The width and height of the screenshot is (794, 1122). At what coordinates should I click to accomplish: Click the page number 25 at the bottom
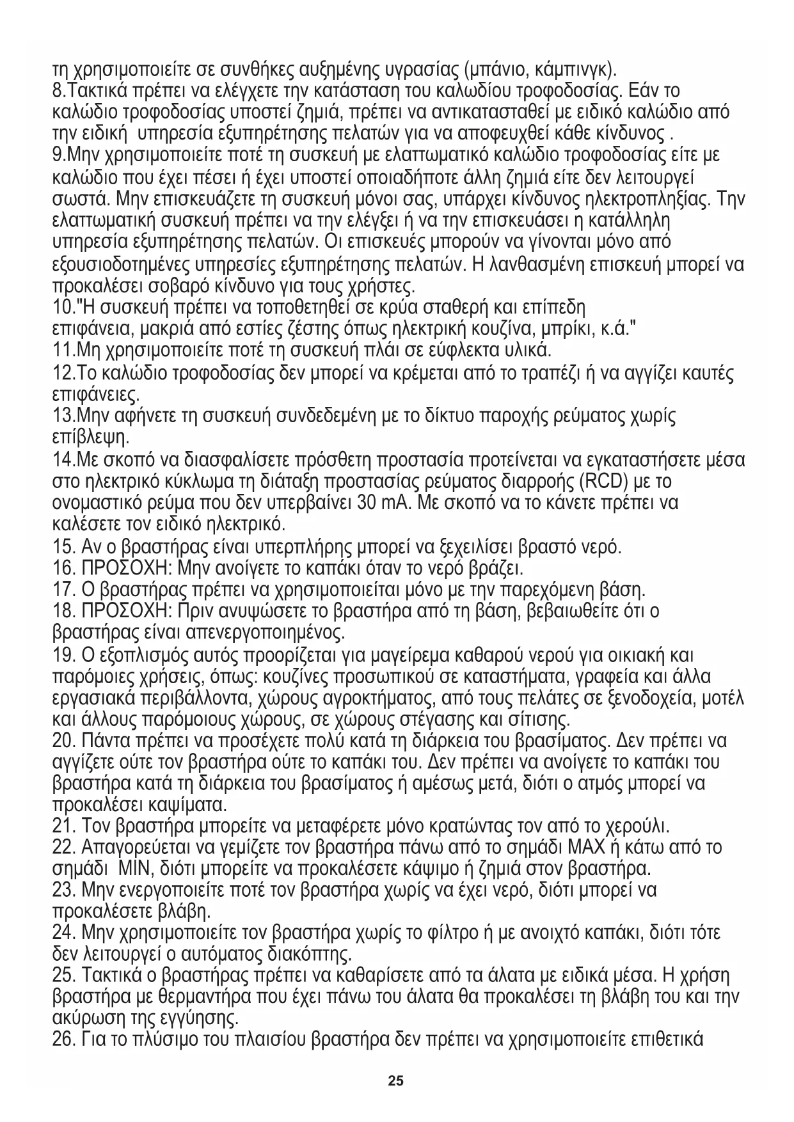click(x=396, y=1082)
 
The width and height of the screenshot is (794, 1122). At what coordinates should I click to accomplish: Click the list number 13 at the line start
click(x=63, y=416)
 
